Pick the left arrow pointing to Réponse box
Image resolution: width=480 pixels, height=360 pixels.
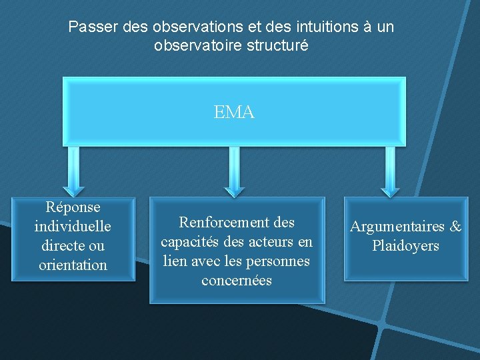73,171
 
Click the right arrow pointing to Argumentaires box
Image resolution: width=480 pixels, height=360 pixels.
390,171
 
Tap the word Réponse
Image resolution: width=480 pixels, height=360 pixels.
73,208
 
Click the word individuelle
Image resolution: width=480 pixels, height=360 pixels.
73,227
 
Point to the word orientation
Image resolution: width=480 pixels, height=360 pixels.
73,265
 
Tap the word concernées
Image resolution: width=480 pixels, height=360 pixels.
237,280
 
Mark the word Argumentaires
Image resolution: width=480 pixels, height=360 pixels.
397,227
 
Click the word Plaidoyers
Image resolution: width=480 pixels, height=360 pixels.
405,246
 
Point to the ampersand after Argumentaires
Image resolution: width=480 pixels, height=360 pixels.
455,227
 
